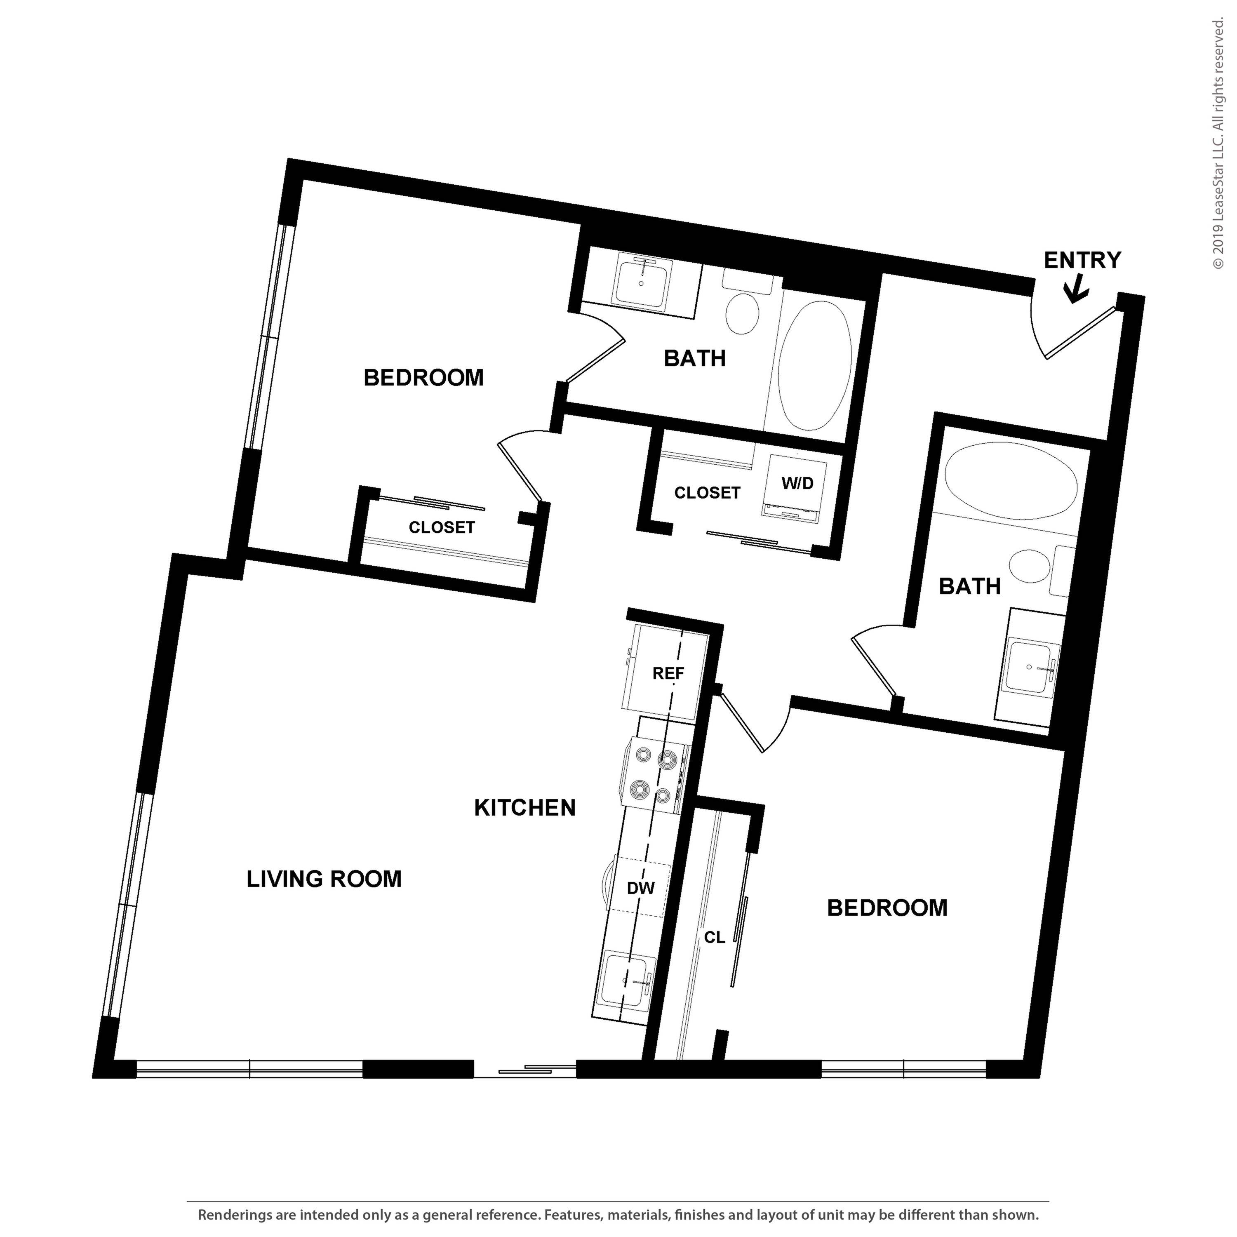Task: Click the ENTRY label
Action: click(1082, 260)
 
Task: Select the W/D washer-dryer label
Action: click(797, 483)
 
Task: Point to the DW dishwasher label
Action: click(640, 888)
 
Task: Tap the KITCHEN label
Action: click(524, 808)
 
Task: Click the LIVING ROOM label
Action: click(324, 879)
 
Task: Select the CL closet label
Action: click(715, 937)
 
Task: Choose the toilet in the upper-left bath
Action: click(743, 310)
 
